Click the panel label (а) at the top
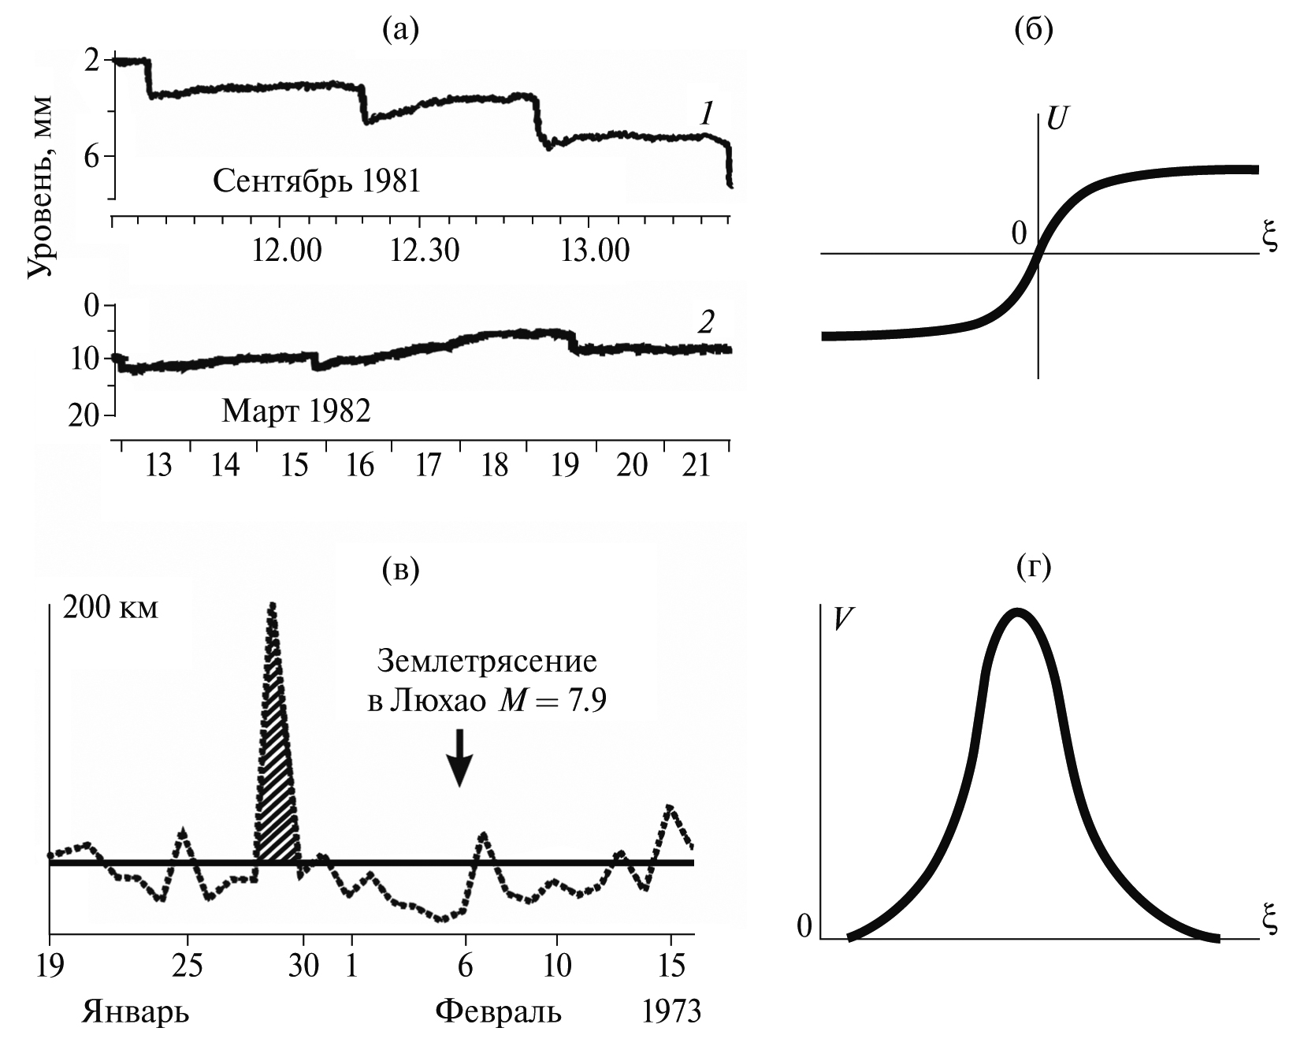pyautogui.click(x=399, y=29)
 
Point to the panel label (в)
pyautogui.click(x=399, y=569)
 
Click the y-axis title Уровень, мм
pyautogui.click(x=39, y=187)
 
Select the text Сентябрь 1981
pyautogui.click(x=317, y=182)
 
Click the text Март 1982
pyautogui.click(x=295, y=411)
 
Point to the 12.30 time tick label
pyautogui.click(x=425, y=250)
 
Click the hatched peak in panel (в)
pyautogui.click(x=277, y=820)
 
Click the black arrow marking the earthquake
pyautogui.click(x=459, y=757)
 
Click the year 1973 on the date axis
pyautogui.click(x=671, y=1011)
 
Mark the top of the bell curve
pyautogui.click(x=1018, y=612)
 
